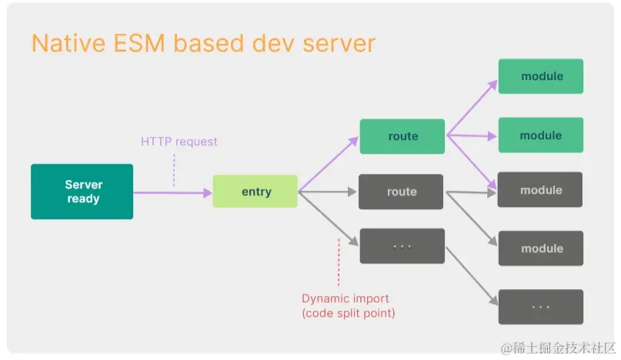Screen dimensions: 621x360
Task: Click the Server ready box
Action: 82,192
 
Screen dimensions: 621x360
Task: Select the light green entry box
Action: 255,192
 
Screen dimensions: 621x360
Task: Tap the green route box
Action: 402,136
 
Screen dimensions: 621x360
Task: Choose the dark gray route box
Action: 401,192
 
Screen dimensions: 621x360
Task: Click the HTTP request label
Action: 179,142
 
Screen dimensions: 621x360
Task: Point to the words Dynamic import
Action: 346,298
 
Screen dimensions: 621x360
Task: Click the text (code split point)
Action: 349,313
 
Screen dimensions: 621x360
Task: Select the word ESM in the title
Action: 139,43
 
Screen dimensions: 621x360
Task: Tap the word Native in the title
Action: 68,43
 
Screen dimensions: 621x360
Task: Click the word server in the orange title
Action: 339,44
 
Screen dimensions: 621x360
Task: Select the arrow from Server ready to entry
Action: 172,193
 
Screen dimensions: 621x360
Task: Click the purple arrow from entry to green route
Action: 329,164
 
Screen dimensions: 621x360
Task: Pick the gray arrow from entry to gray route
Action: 328,192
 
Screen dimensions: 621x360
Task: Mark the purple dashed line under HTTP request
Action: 174,170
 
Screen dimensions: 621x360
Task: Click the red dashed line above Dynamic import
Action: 339,262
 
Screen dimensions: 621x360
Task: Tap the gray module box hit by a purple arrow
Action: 539,189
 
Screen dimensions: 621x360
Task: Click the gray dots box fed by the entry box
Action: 402,246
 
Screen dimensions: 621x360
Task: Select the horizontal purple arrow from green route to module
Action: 472,136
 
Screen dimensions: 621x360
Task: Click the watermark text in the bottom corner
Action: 558,348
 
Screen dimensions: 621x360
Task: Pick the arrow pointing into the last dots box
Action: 472,276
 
